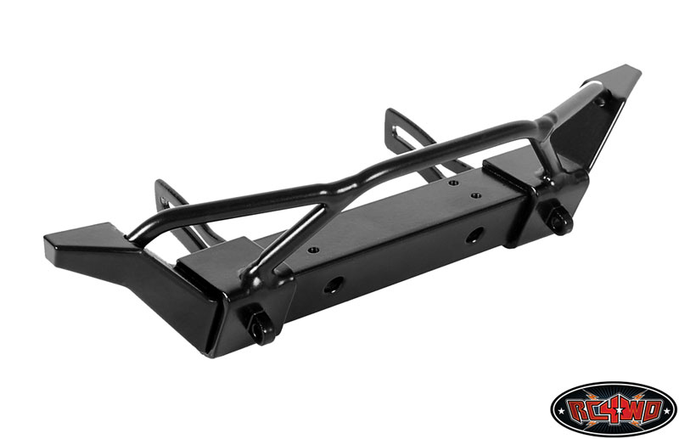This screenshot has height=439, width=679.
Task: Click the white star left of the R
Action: (562, 410)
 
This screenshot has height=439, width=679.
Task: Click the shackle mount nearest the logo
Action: (562, 221)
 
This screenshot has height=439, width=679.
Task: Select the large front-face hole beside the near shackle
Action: (334, 284)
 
